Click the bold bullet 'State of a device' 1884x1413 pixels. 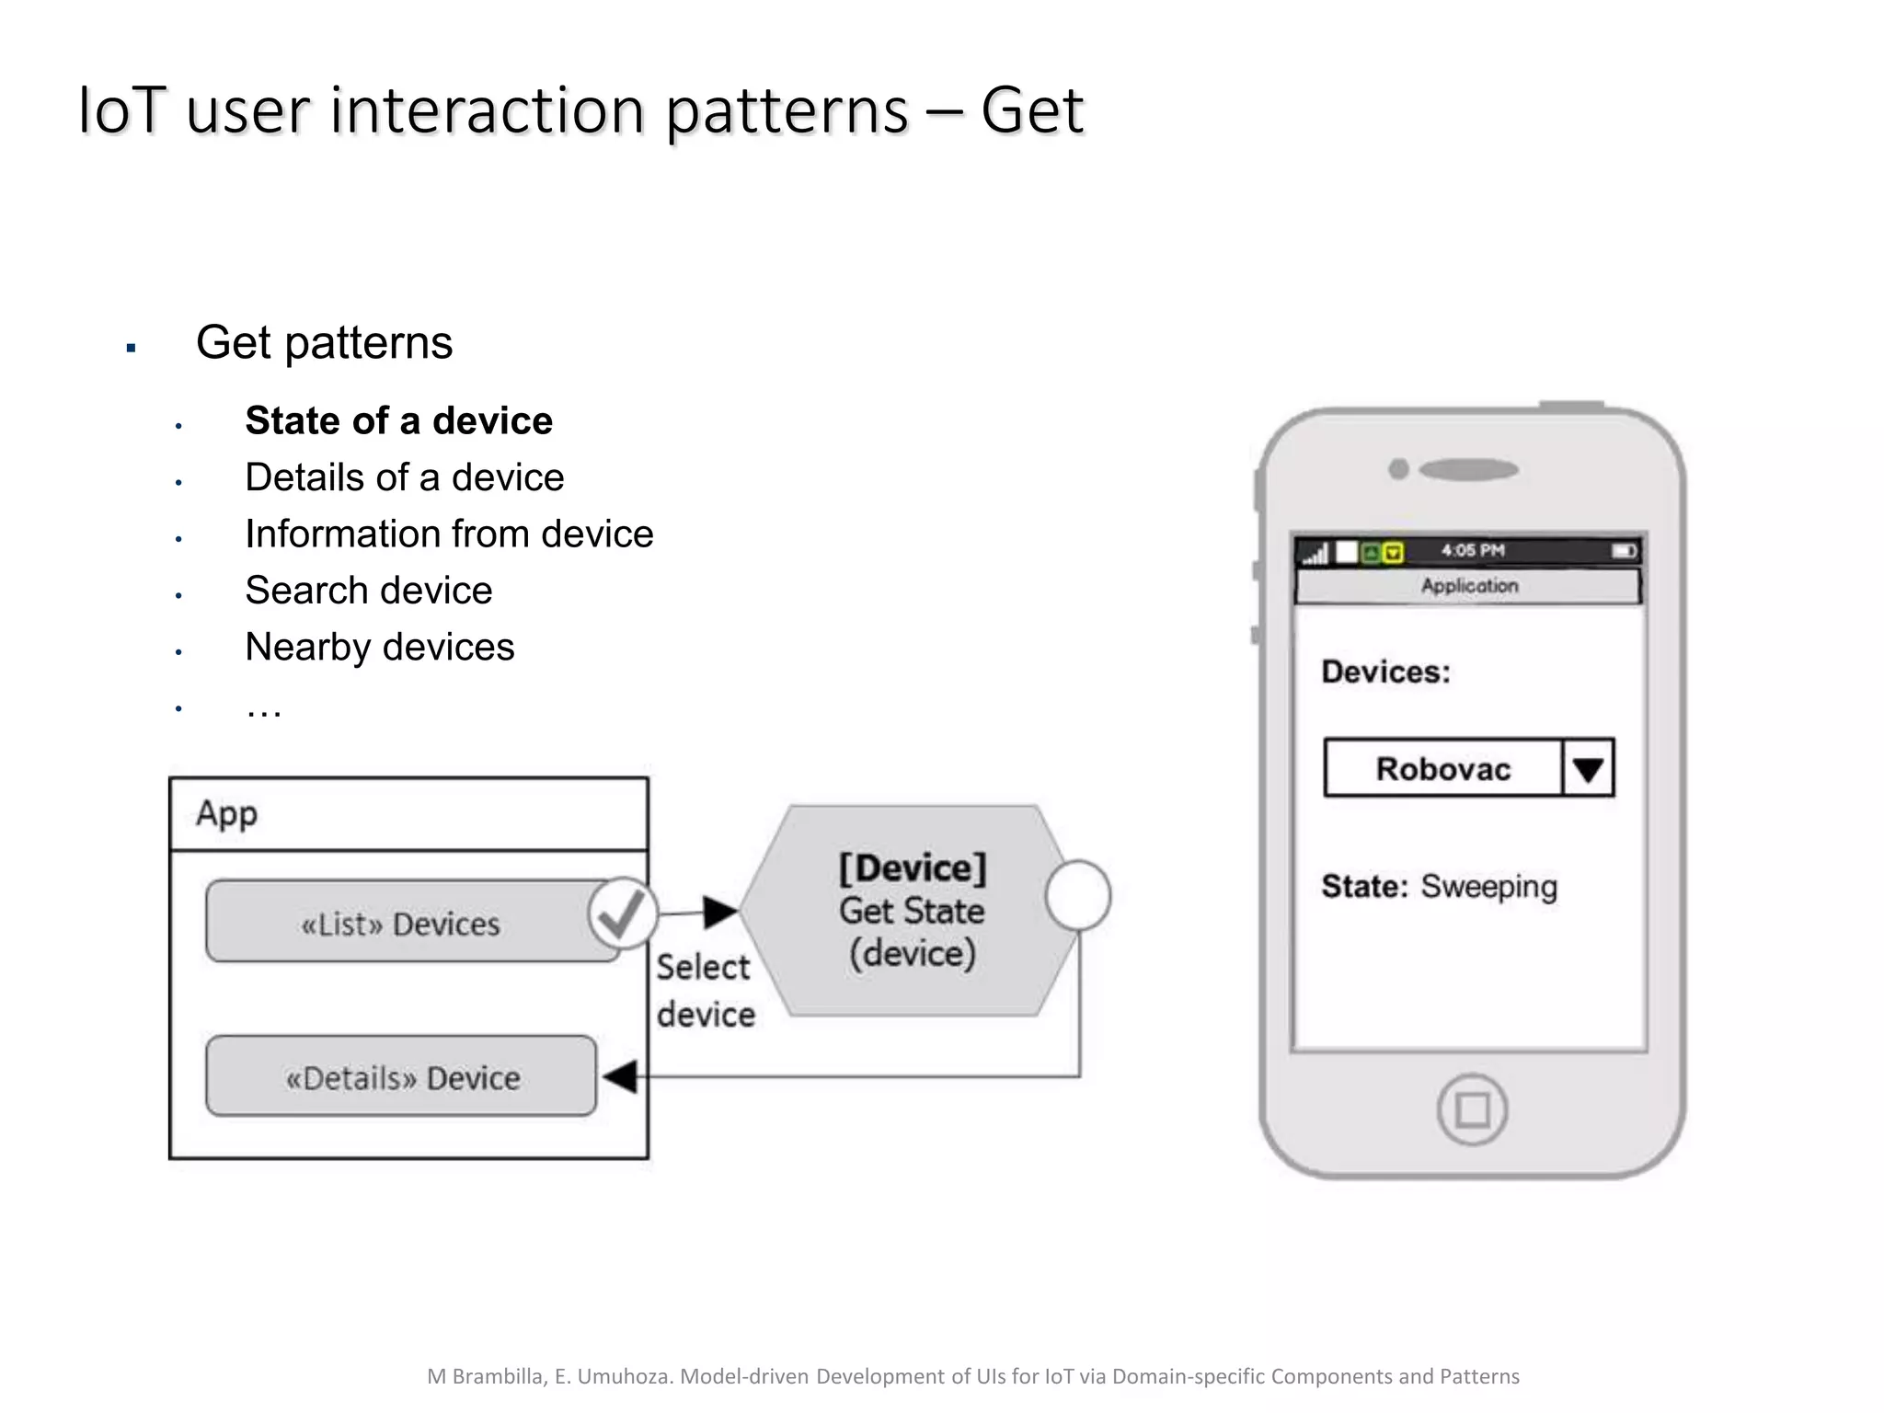click(398, 421)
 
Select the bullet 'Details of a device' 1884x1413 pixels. click(404, 477)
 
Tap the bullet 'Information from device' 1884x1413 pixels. click(449, 534)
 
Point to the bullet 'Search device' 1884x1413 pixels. click(368, 591)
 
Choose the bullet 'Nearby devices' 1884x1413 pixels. click(379, 648)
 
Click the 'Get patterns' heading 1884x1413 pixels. click(324, 343)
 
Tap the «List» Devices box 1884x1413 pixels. click(400, 923)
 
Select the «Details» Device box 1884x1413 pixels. click(402, 1077)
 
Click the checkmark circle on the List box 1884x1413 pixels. click(623, 913)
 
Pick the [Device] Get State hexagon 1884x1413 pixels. click(911, 911)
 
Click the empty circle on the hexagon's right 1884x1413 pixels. click(1078, 895)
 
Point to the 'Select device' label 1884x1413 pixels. click(705, 991)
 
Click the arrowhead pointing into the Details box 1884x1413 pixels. click(621, 1076)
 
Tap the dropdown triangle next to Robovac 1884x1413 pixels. click(1588, 768)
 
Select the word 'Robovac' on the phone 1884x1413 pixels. click(1442, 768)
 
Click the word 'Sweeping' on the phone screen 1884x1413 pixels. click(1488, 887)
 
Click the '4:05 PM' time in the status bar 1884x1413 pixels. click(1472, 550)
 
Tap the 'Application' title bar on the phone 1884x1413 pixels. click(1468, 586)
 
